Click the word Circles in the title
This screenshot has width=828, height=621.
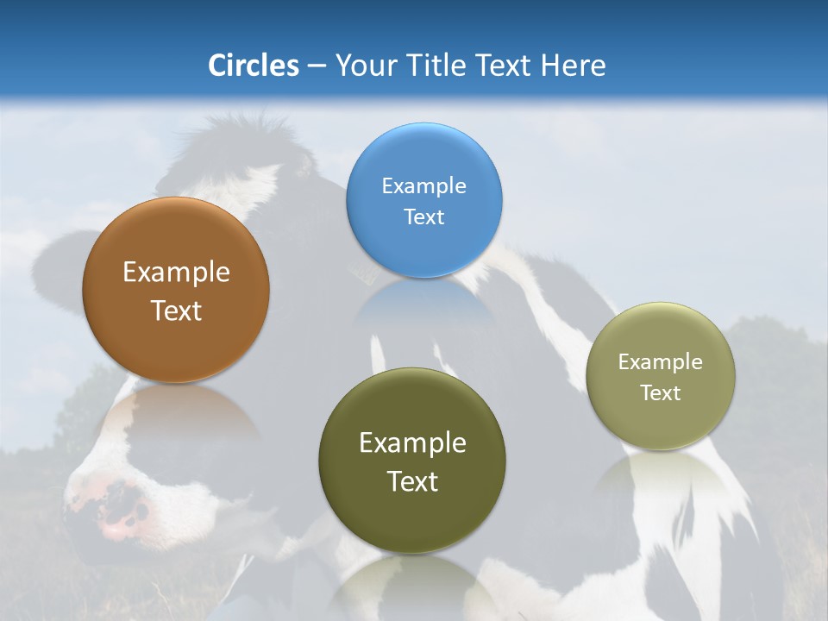click(253, 66)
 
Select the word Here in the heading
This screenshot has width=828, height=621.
click(574, 66)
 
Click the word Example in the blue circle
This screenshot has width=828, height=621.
click(423, 185)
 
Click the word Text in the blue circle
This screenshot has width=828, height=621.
click(423, 216)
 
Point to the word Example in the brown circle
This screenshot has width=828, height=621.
click(176, 272)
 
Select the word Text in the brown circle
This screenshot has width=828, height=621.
click(176, 310)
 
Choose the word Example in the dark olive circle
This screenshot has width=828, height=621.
click(412, 442)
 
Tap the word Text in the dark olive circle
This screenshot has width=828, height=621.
click(412, 481)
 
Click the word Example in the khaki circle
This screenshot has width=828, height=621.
click(661, 361)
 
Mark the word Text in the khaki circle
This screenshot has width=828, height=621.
click(661, 392)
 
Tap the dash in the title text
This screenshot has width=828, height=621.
click(317, 66)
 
